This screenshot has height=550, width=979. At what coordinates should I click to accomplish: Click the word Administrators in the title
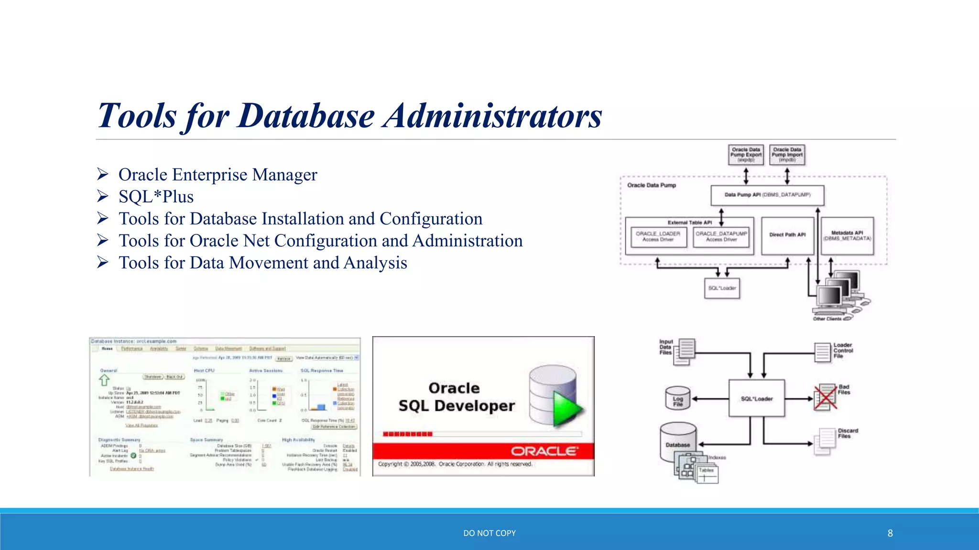492,116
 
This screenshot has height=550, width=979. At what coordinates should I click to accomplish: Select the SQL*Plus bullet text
156,197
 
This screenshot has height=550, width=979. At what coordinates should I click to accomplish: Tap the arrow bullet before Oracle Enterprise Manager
102,174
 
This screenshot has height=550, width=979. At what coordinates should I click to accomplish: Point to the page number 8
890,533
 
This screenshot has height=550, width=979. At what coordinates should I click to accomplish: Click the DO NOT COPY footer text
489,533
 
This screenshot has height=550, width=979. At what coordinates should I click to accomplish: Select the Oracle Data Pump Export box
746,155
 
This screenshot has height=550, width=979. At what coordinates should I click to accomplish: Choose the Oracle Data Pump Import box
787,155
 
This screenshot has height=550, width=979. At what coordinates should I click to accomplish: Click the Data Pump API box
767,195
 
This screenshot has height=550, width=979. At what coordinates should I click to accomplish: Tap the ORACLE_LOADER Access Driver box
658,237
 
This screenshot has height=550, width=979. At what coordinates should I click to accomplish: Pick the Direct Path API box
787,235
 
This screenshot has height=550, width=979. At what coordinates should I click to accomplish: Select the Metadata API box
847,236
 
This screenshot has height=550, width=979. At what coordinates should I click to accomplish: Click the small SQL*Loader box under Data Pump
722,288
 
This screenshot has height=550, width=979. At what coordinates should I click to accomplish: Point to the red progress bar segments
408,434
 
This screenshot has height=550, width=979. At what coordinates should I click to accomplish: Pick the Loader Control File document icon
823,352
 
